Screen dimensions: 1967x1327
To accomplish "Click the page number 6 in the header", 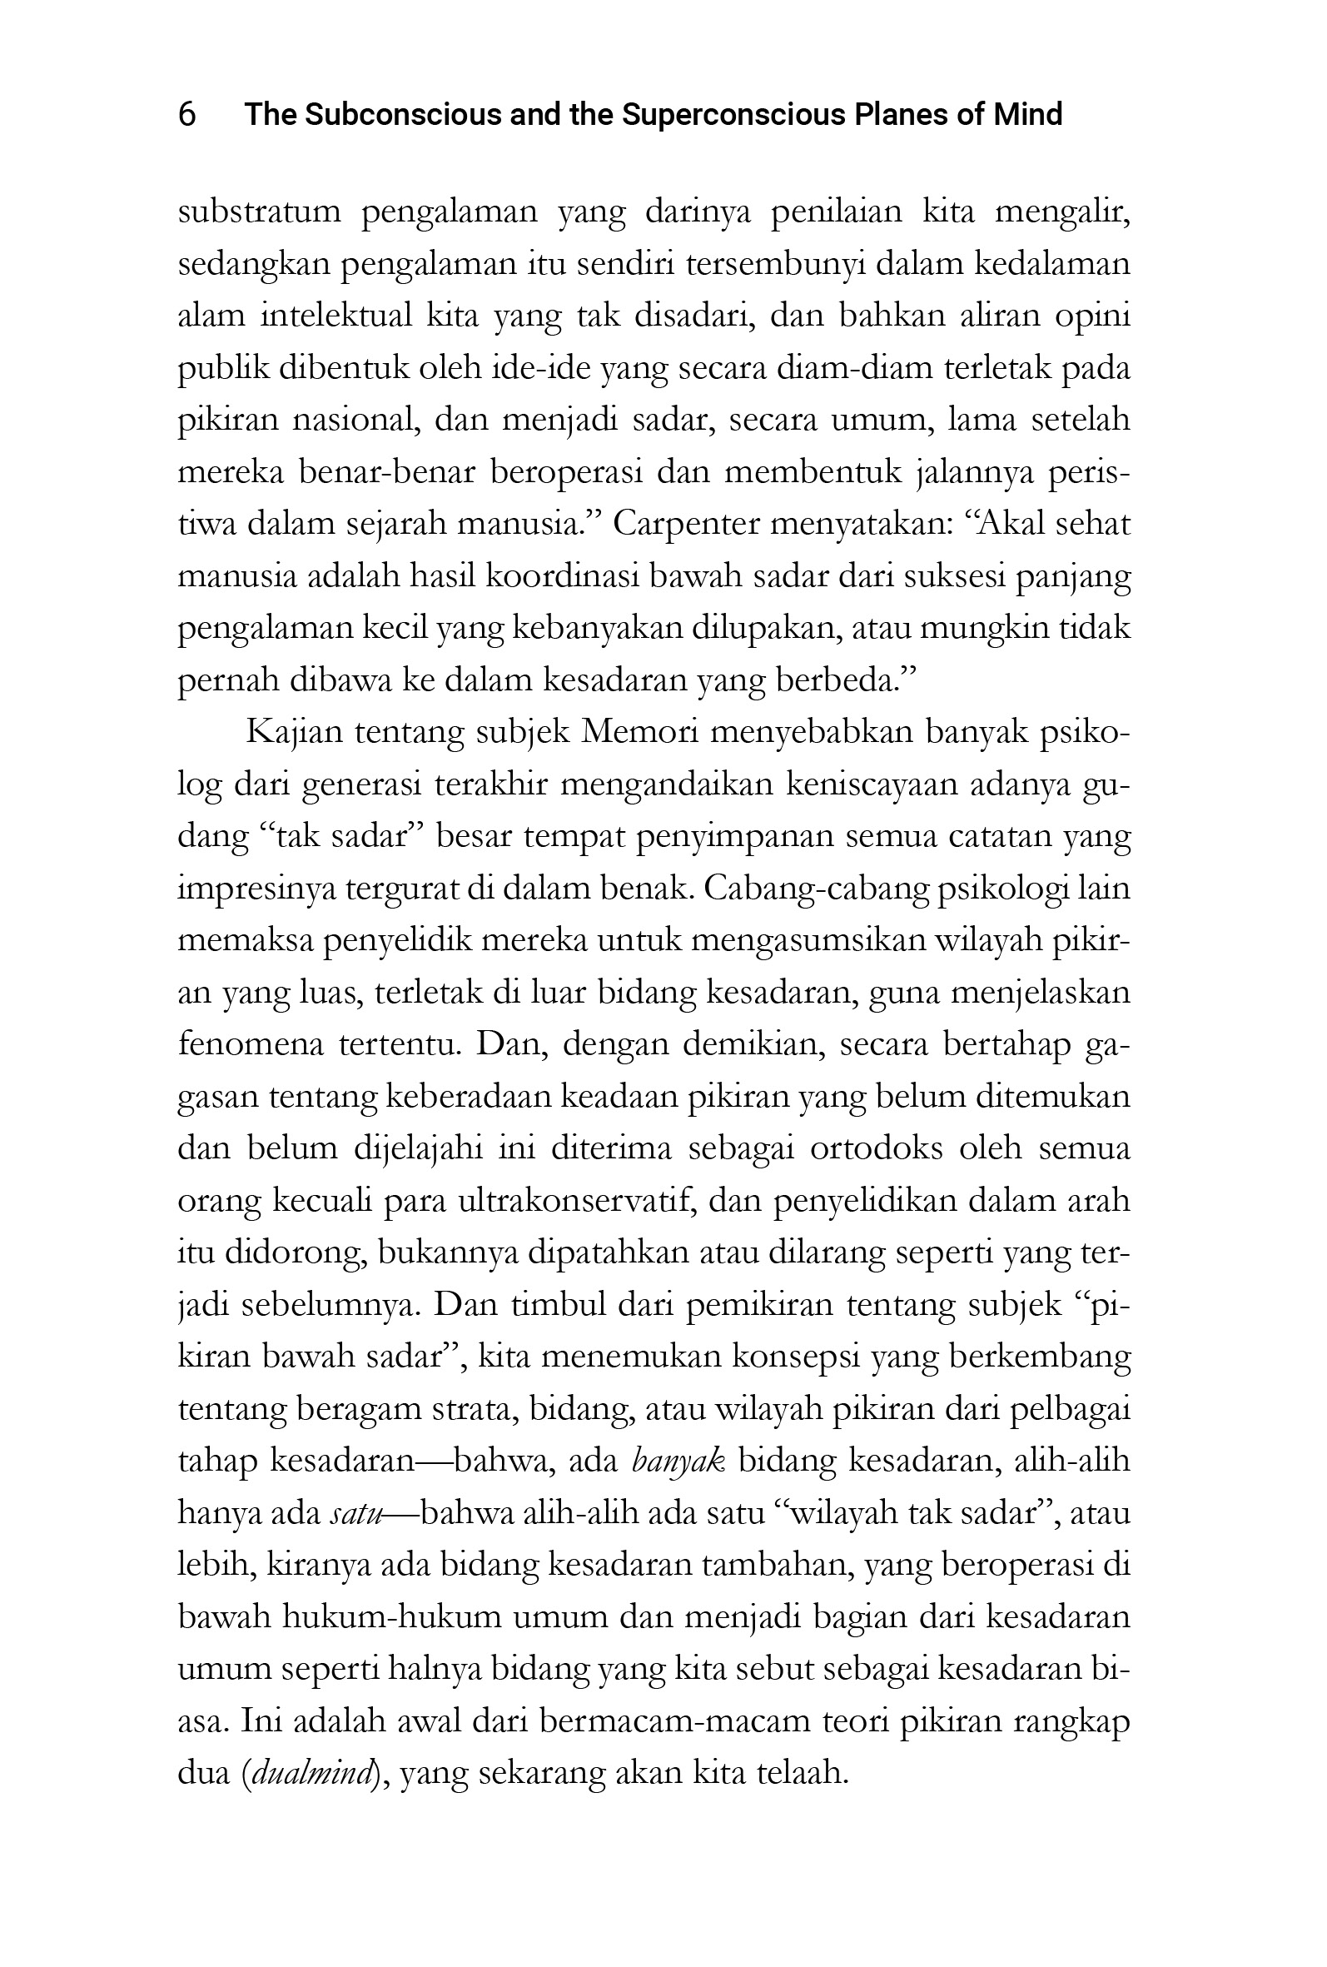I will (187, 114).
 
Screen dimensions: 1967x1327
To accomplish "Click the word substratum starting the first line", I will (259, 212).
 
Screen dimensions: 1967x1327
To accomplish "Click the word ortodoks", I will (877, 1149).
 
